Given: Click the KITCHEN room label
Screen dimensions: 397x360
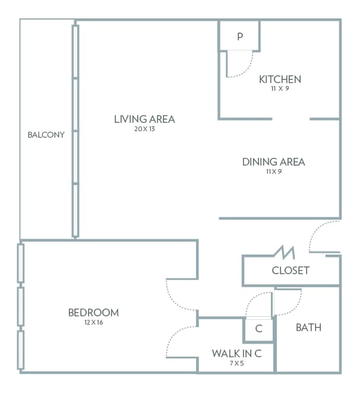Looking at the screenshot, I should coord(280,79).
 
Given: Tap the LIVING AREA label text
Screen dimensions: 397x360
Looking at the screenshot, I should coord(144,119).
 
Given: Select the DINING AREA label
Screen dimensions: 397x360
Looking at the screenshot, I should coord(273,161).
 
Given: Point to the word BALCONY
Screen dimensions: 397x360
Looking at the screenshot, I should coord(46,135).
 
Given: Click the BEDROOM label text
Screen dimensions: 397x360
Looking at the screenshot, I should coord(93,312).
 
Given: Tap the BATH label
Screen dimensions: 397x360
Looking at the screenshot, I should coord(308,327).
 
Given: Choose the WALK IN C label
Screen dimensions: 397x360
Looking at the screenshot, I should coord(237,353).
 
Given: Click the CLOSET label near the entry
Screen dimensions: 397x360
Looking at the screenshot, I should coord(290,271).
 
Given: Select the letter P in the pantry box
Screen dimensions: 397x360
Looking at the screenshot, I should coord(240,36).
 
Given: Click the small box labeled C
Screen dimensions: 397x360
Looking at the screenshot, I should coord(259,328).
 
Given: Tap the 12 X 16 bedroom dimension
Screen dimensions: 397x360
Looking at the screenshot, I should coord(93,322).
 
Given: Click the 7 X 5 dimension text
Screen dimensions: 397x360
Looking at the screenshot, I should coord(237,363).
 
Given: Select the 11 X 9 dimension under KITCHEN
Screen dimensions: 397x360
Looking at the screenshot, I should coord(280,88).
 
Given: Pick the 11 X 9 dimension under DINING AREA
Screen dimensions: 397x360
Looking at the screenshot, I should coord(273,171).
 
